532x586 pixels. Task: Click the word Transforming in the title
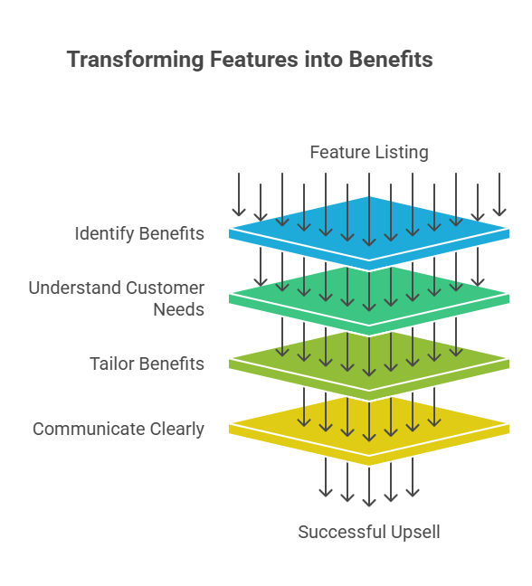136,61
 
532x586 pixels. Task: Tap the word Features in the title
254,60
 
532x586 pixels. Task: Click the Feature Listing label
369,153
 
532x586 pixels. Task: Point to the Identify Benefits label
139,233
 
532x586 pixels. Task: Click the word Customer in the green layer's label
165,288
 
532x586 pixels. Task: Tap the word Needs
179,310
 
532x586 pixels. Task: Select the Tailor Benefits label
147,364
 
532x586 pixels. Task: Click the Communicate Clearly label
119,429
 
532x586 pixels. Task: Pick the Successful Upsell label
369,532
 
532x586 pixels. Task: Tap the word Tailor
111,364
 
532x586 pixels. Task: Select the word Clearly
177,429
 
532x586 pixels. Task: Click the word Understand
75,288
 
